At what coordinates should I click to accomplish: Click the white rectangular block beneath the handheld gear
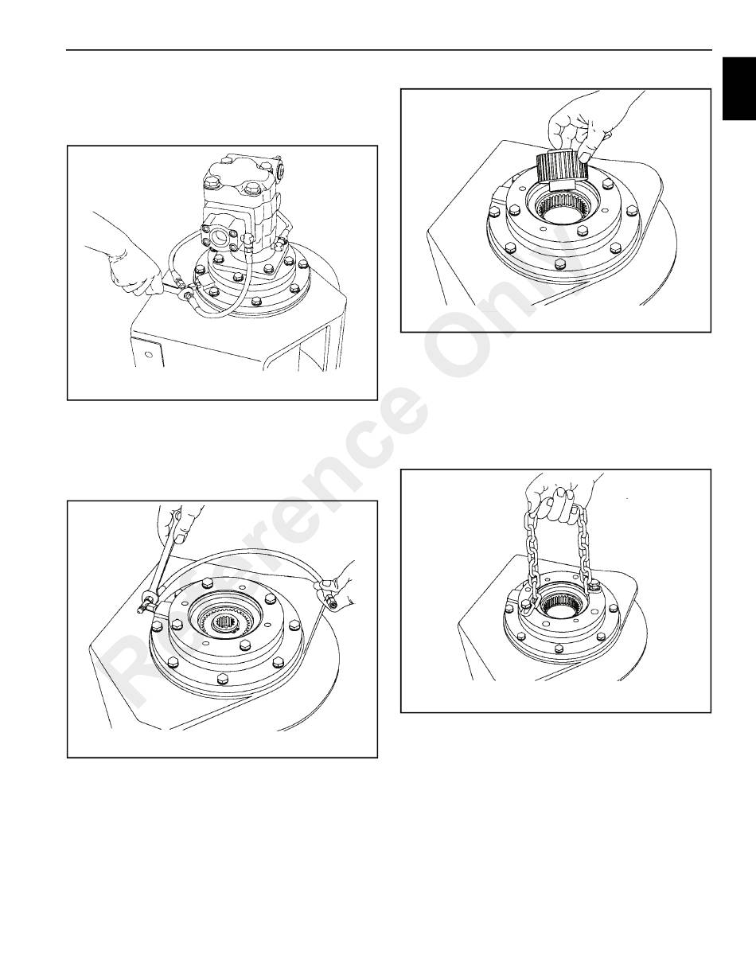tap(563, 185)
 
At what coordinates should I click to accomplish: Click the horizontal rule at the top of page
tap(389, 49)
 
